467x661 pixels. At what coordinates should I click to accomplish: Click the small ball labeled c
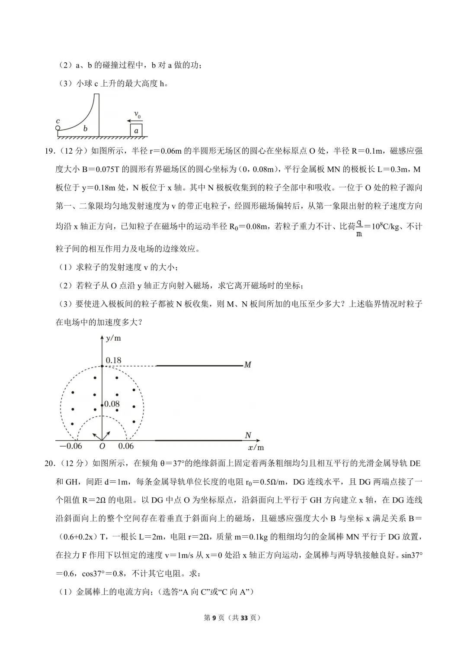(x=58, y=128)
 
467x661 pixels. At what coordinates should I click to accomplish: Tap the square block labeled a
(x=136, y=130)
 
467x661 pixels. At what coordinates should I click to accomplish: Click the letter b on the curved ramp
(x=85, y=129)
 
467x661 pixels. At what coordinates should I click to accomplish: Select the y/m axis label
(x=113, y=338)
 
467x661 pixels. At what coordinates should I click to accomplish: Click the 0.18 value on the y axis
(x=113, y=360)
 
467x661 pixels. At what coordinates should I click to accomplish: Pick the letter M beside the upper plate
(x=247, y=365)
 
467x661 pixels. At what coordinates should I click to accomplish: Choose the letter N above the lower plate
(x=248, y=435)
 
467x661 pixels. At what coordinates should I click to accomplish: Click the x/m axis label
(x=256, y=447)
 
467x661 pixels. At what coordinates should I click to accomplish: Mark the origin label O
(x=102, y=446)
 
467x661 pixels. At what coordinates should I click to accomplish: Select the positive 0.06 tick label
(x=126, y=446)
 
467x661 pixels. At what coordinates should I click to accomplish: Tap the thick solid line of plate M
(x=199, y=366)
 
